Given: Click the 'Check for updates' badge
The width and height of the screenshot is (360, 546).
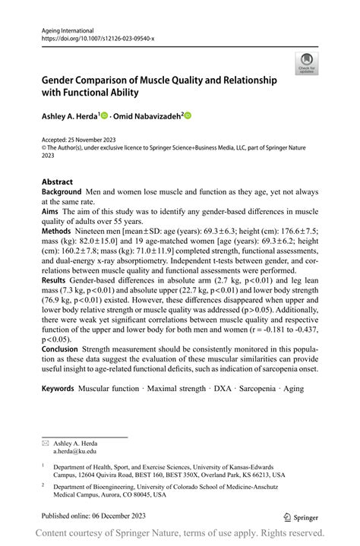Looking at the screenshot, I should click(308, 63).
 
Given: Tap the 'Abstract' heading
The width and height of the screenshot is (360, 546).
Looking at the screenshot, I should click(58, 182).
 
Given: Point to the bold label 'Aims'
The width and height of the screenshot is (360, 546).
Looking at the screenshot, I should click(52, 213).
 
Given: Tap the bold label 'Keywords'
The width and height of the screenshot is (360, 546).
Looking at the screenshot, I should click(58, 389).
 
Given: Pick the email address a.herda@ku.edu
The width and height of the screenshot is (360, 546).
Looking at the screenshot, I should click(75, 450).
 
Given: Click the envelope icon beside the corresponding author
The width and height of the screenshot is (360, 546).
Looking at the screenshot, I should click(46, 442).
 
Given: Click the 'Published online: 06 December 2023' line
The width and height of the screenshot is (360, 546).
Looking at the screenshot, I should click(93, 516).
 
